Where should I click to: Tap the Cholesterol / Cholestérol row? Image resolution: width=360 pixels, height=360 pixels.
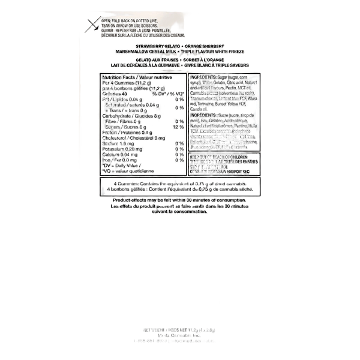(x=126, y=137)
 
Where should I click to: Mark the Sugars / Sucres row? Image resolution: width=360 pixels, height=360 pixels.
(x=118, y=127)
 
